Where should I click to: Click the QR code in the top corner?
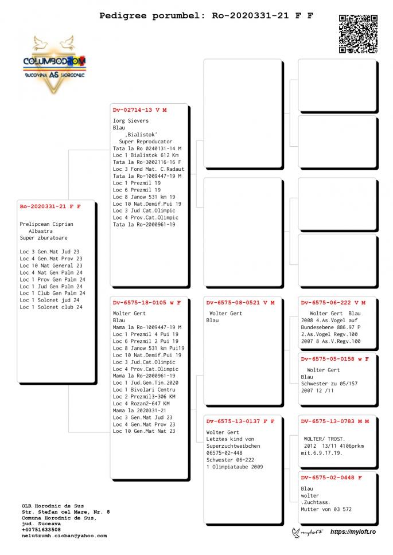click(358, 34)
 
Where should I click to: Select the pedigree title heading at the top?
click(206, 15)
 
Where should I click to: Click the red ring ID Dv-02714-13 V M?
click(139, 110)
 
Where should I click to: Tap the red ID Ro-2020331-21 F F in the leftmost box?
click(50, 206)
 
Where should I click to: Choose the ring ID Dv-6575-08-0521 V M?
click(240, 302)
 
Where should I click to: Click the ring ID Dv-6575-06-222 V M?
click(333, 302)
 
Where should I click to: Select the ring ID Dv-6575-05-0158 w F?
click(334, 359)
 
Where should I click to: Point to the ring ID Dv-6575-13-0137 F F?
click(240, 421)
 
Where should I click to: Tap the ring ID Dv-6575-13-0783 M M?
click(334, 421)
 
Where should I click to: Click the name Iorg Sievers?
click(131, 121)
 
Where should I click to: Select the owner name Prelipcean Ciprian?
click(46, 224)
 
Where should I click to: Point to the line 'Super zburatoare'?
click(44, 238)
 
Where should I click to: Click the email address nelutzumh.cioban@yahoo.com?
click(64, 536)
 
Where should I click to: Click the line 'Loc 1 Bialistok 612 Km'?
click(145, 155)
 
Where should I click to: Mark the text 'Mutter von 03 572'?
click(326, 509)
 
